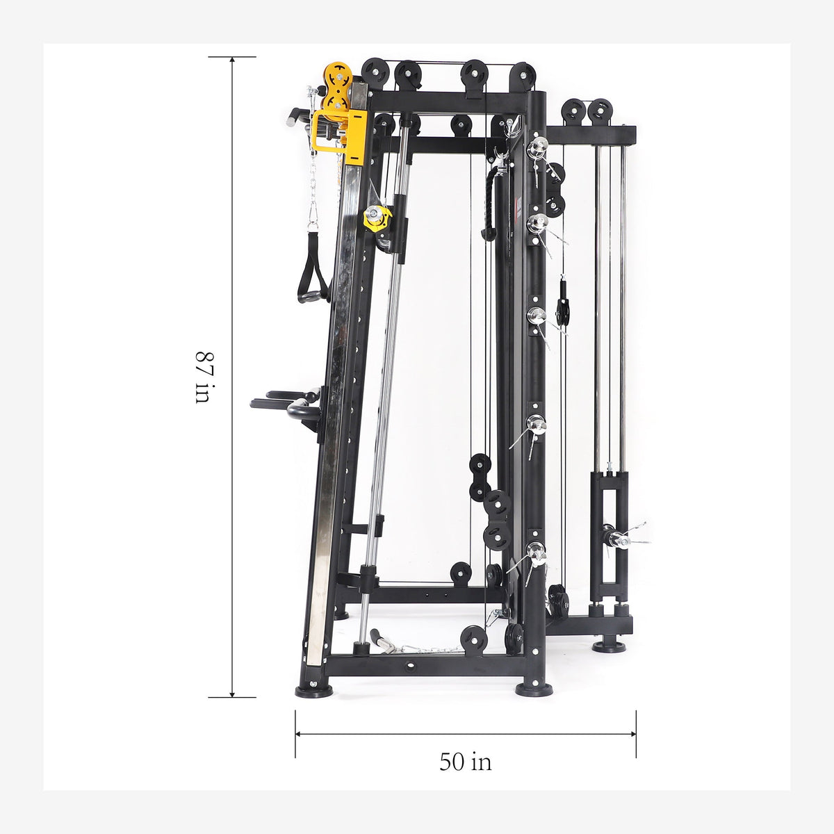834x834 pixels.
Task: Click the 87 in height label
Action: [202, 377]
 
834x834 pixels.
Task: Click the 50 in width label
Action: [465, 762]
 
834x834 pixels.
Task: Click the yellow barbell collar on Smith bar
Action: [377, 218]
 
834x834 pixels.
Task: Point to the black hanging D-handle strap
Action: [313, 275]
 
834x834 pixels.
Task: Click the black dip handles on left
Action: [286, 407]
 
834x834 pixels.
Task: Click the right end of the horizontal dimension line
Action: [635, 733]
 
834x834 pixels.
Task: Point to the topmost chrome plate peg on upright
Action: [537, 145]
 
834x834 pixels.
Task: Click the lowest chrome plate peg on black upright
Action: [535, 550]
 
